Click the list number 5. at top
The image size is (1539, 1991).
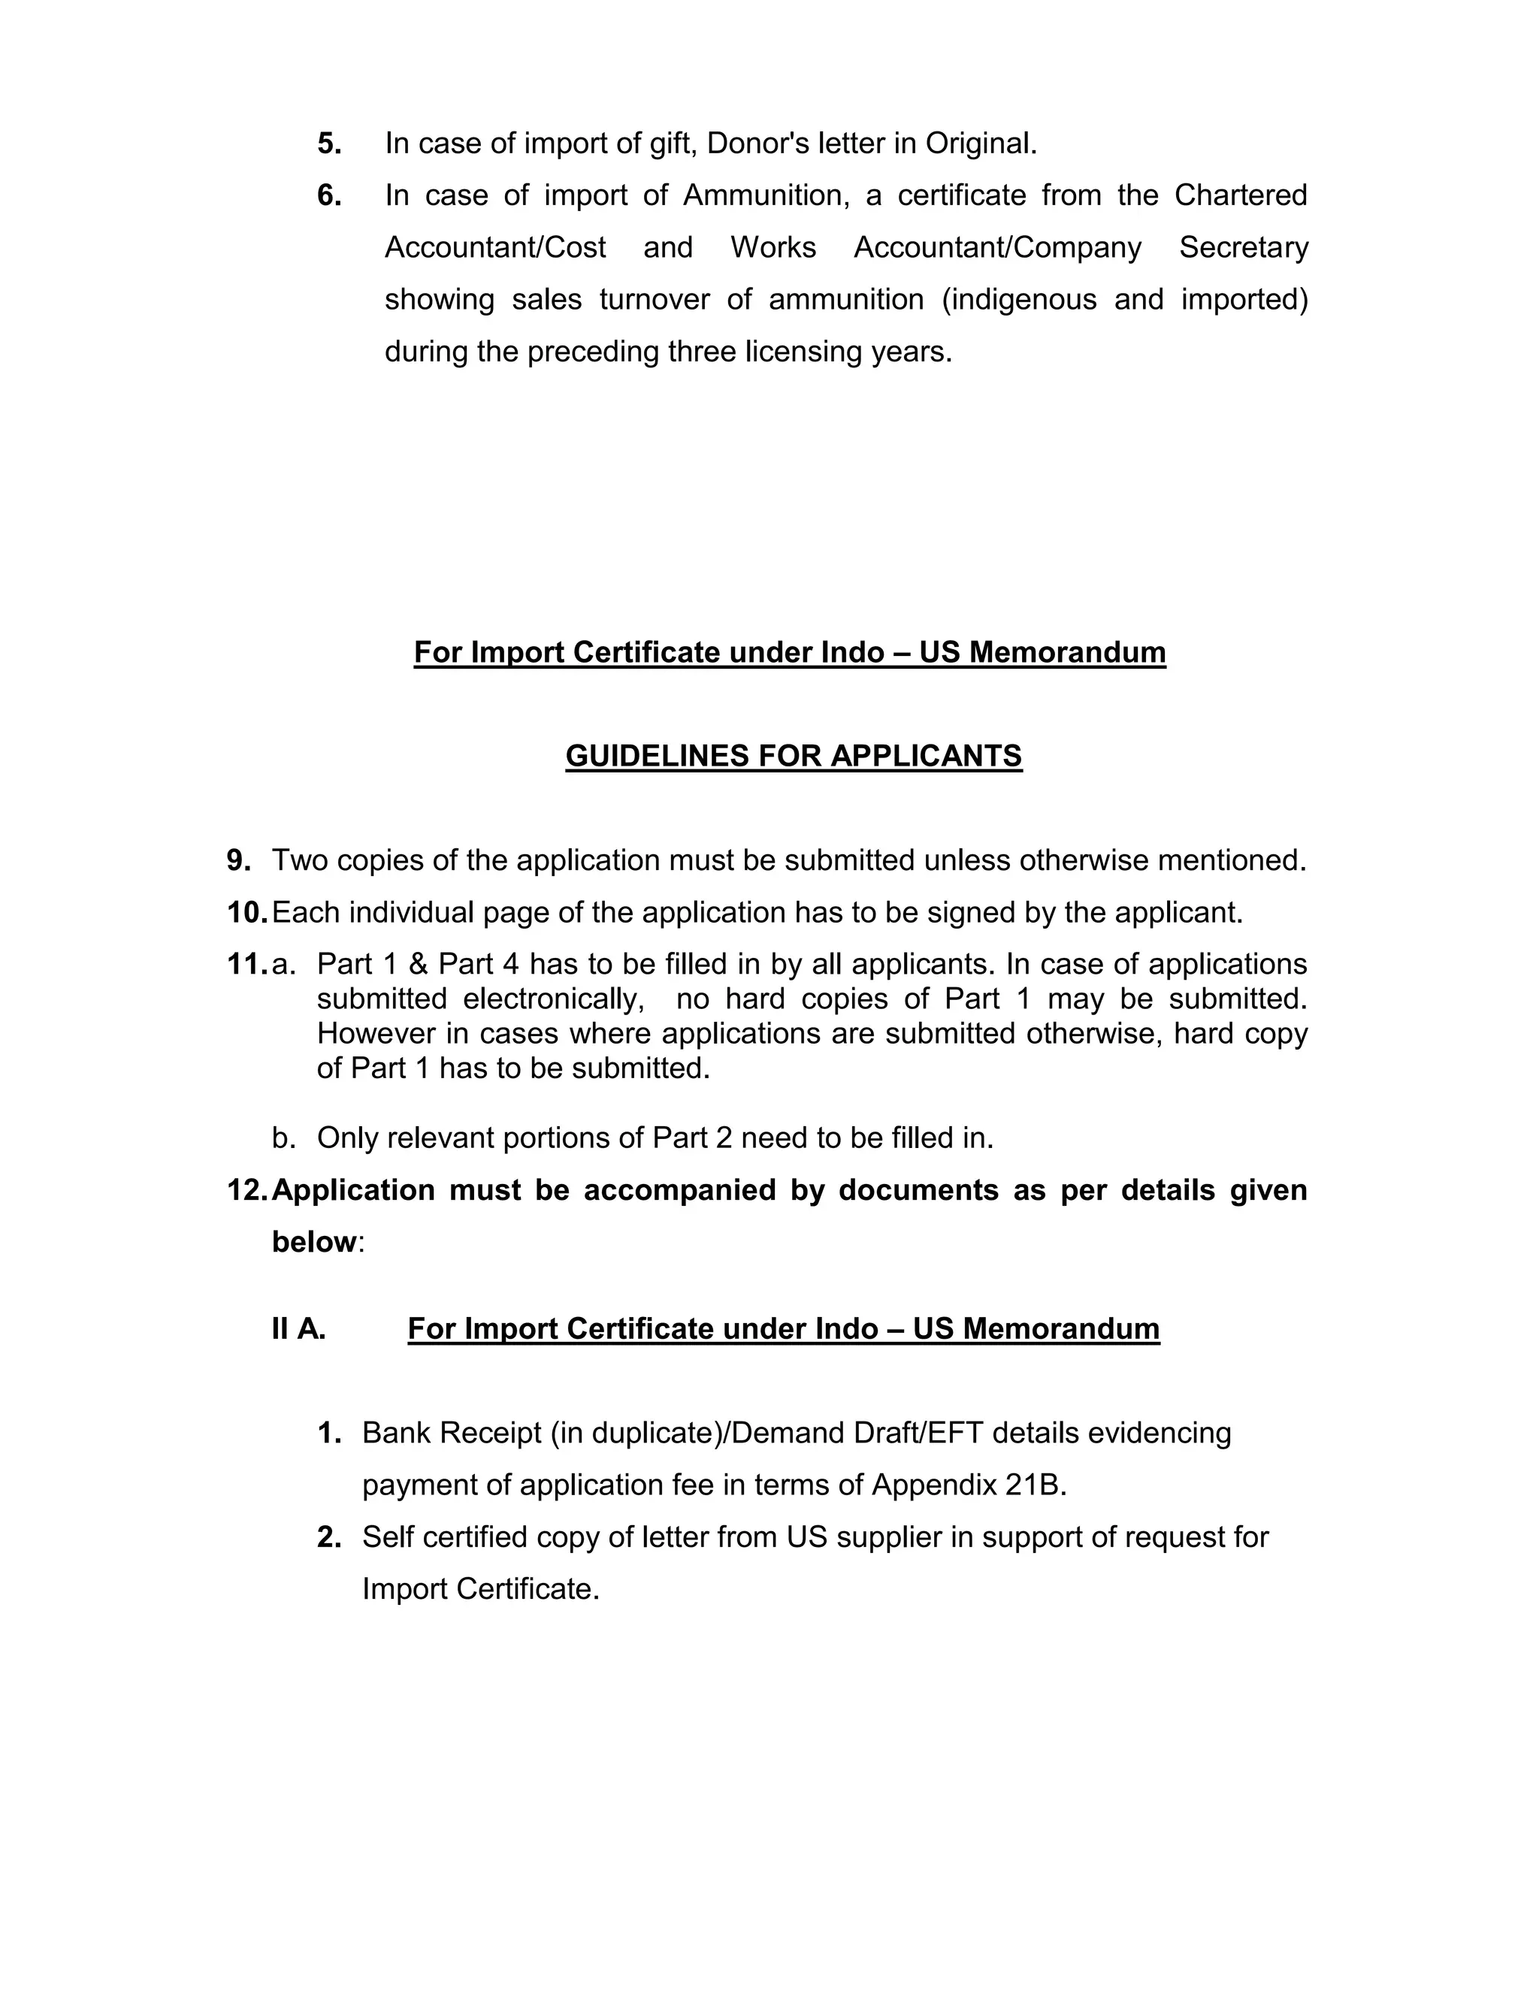[329, 144]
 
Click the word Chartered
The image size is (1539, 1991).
[1240, 196]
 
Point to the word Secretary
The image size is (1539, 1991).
[1244, 248]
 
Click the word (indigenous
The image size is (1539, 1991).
[1018, 300]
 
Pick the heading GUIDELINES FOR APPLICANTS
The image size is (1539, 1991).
[794, 756]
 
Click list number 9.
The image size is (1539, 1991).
[239, 860]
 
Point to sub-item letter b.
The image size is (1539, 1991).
[283, 1137]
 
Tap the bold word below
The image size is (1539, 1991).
[313, 1242]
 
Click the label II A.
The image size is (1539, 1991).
[298, 1329]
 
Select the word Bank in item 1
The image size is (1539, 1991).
[397, 1433]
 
